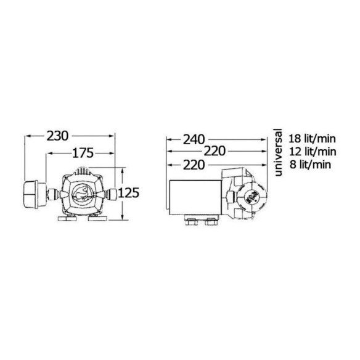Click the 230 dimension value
pos(57,136)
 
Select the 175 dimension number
pos(83,153)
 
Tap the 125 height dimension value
pos(129,193)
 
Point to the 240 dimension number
pos(194,139)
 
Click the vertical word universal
pos(278,152)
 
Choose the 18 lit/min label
pos(312,139)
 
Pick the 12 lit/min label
pos(313,152)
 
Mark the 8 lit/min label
pos(310,165)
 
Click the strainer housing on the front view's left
pos(35,194)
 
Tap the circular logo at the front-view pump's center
pos(83,194)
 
